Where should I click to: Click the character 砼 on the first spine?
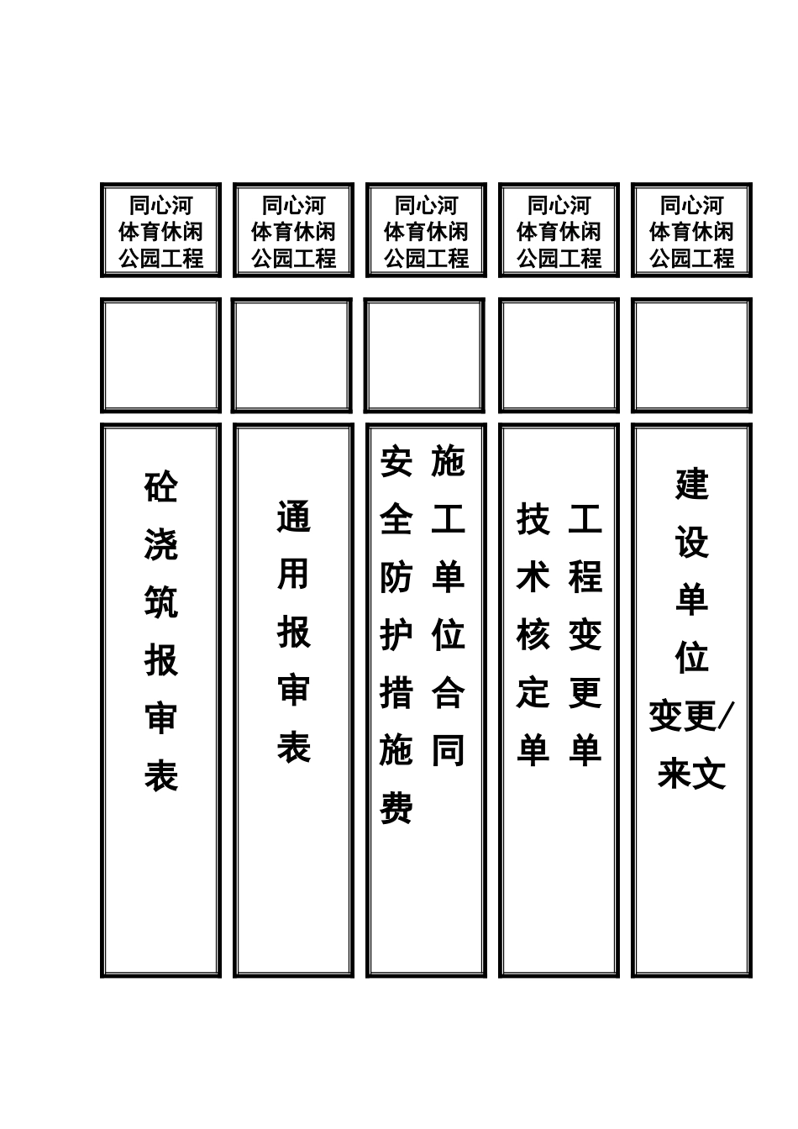click(160, 486)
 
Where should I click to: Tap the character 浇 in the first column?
click(160, 544)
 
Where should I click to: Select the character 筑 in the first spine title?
click(160, 602)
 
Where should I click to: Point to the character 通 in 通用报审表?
click(293, 517)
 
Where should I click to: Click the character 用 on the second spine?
click(293, 575)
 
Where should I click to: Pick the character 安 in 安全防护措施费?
click(396, 462)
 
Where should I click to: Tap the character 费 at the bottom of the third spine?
click(396, 809)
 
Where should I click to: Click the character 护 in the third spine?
click(396, 635)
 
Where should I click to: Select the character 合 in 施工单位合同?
click(448, 693)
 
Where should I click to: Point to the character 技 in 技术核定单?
click(533, 520)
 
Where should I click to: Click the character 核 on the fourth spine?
click(533, 635)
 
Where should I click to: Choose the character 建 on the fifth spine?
click(691, 485)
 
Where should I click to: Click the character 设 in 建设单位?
click(691, 543)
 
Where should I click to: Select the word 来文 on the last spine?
click(691, 774)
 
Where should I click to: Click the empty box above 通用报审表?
click(293, 355)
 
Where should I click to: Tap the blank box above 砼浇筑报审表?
click(160, 355)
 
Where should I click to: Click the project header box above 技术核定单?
click(559, 230)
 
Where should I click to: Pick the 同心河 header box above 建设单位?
click(691, 230)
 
